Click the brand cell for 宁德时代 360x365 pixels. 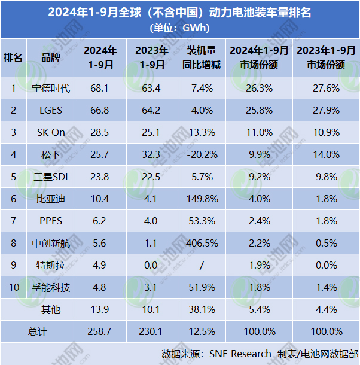tap(51, 89)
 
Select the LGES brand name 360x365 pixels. tap(51, 111)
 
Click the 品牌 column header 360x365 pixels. tap(51, 57)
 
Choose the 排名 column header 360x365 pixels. tap(13, 57)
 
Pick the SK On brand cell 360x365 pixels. tap(51, 133)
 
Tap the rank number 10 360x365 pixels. tap(13, 288)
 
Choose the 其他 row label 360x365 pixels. tap(51, 310)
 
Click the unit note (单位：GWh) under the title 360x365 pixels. tap(179, 27)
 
